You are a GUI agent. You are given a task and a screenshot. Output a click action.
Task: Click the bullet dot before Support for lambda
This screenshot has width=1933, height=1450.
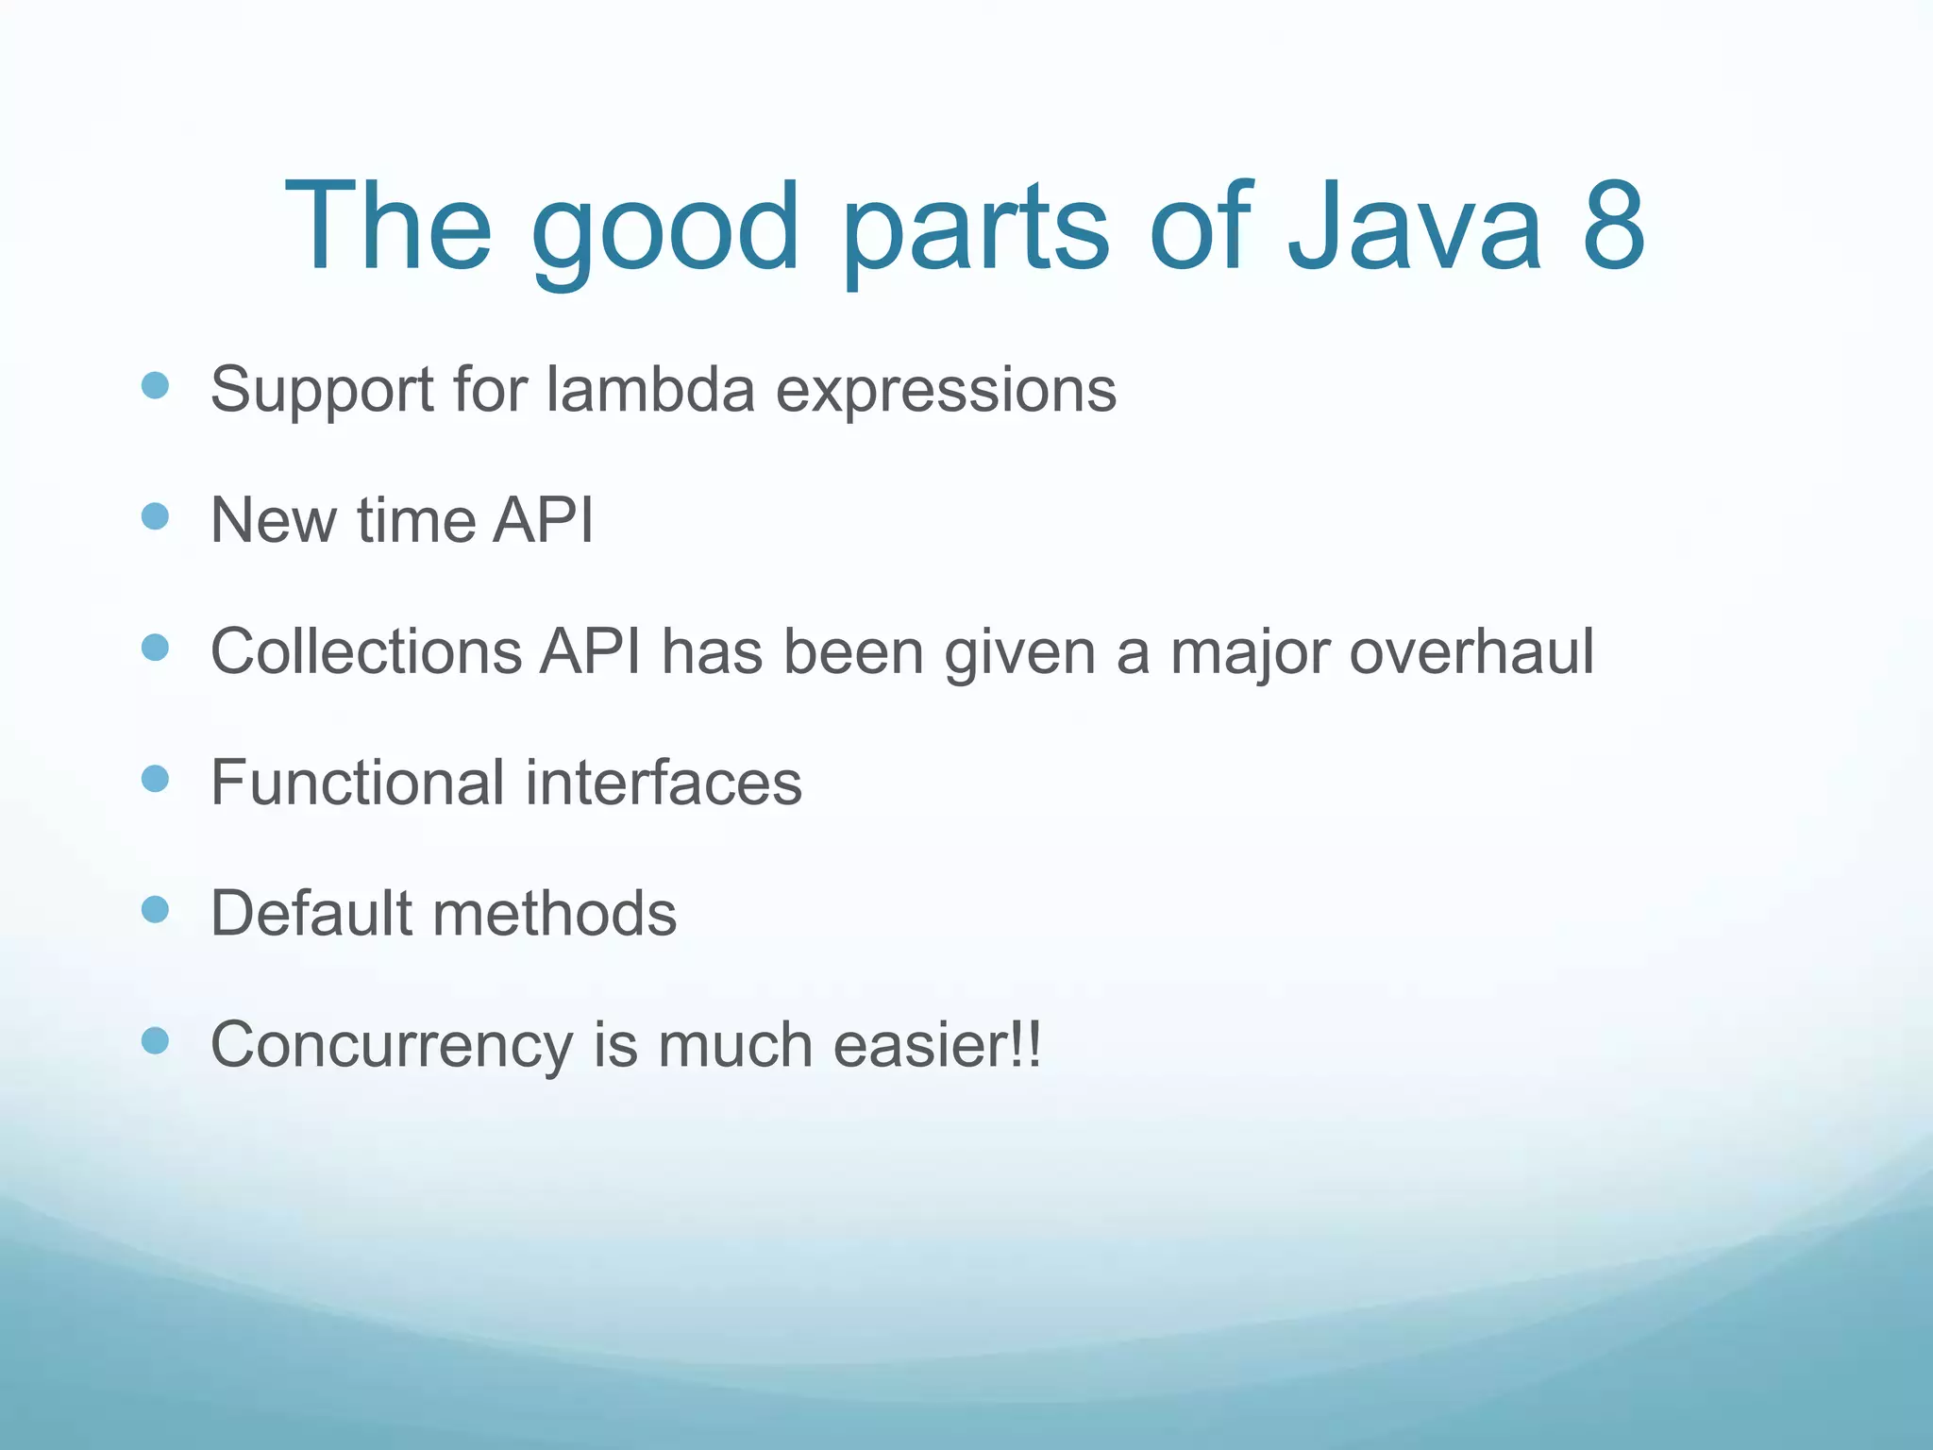tap(155, 385)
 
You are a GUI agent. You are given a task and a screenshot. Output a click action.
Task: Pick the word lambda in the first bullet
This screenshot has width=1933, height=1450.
tap(650, 389)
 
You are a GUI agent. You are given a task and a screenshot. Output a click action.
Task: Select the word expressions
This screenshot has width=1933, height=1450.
tap(946, 392)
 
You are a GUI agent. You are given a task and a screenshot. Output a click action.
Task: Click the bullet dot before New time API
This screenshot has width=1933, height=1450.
tap(155, 516)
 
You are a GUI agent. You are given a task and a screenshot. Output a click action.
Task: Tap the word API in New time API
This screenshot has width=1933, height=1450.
tap(543, 520)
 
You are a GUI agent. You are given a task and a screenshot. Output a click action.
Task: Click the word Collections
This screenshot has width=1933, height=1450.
tap(366, 651)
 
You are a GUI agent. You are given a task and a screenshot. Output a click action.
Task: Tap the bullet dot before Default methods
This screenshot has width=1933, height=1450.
tap(155, 909)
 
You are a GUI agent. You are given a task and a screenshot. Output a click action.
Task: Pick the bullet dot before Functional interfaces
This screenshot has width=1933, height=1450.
tap(155, 779)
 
